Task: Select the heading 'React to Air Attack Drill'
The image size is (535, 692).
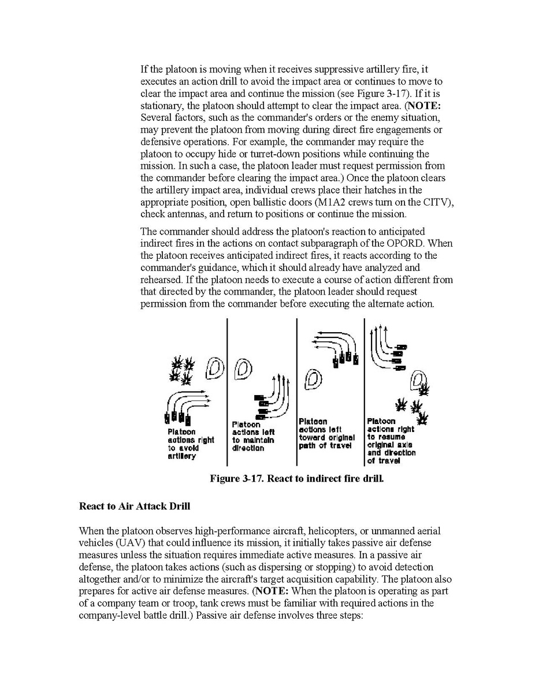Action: click(x=135, y=507)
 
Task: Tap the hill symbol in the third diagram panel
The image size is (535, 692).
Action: click(x=312, y=379)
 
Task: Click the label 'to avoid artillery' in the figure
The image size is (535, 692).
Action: click(x=183, y=452)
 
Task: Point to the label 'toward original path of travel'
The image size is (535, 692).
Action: click(x=326, y=441)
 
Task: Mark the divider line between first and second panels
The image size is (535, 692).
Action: click(x=227, y=393)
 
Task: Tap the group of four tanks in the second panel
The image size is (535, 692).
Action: click(x=260, y=407)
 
